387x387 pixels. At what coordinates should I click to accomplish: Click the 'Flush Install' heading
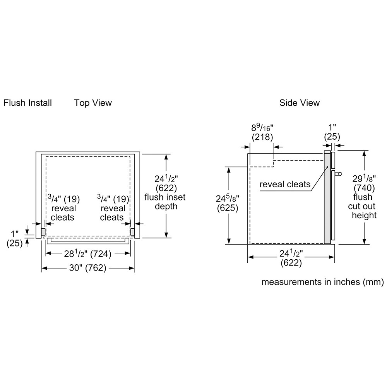point(27,103)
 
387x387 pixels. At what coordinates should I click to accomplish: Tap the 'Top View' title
point(93,103)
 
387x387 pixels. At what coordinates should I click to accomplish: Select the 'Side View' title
point(300,103)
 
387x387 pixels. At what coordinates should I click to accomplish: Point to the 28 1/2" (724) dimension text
point(87,254)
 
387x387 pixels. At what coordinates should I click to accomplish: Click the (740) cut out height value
point(364,188)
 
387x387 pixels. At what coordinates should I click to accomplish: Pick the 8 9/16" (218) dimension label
point(262,132)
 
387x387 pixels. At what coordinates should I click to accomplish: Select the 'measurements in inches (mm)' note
point(322,282)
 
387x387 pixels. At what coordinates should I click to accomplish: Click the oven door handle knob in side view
point(339,174)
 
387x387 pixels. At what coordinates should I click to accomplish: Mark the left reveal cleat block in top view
point(43,232)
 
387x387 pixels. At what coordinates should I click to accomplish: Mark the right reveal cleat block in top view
point(132,232)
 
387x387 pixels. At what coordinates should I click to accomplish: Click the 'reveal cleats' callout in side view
point(285,184)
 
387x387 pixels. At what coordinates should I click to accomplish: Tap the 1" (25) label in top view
point(15,238)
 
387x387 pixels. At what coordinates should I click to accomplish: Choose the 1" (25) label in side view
point(332,132)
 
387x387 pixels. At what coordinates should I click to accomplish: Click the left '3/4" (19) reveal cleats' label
point(63,208)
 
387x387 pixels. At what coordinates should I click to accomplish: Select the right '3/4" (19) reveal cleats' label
point(112,208)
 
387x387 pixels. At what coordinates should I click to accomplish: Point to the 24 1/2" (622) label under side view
point(291,259)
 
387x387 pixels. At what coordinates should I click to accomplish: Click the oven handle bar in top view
point(87,241)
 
